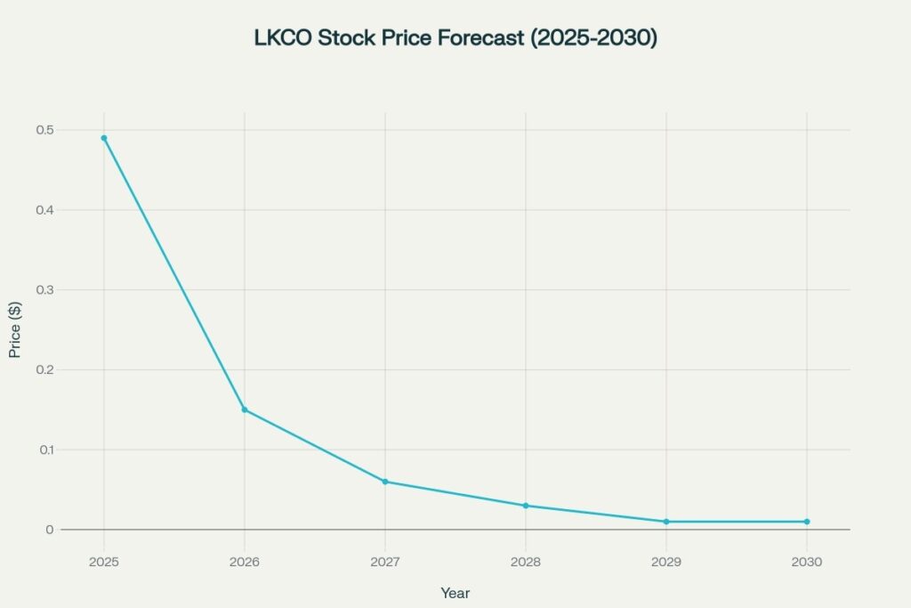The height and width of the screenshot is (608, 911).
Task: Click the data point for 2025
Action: click(104, 138)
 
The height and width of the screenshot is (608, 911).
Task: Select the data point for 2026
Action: click(245, 409)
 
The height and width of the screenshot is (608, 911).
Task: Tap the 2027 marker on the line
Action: click(385, 482)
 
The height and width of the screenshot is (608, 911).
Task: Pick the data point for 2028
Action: click(526, 506)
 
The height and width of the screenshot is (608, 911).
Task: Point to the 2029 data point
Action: click(666, 522)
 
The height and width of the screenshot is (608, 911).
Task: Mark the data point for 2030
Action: click(807, 522)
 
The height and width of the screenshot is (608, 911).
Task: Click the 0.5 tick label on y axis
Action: click(44, 130)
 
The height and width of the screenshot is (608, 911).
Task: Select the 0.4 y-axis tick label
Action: click(44, 210)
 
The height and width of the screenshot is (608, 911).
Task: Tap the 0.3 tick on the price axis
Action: click(44, 290)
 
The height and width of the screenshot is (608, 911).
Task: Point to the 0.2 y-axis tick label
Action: click(44, 369)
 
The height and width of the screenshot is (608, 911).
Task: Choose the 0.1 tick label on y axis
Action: click(44, 450)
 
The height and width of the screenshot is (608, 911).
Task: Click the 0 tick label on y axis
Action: click(50, 530)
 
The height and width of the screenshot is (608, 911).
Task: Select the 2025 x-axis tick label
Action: click(104, 563)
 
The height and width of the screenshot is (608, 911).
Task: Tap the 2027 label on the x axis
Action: click(385, 563)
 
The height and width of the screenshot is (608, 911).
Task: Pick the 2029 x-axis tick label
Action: click(666, 563)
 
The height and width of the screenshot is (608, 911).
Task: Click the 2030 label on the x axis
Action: click(807, 563)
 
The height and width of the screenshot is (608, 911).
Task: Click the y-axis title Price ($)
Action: click(15, 329)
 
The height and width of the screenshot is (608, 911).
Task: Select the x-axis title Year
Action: click(455, 593)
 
